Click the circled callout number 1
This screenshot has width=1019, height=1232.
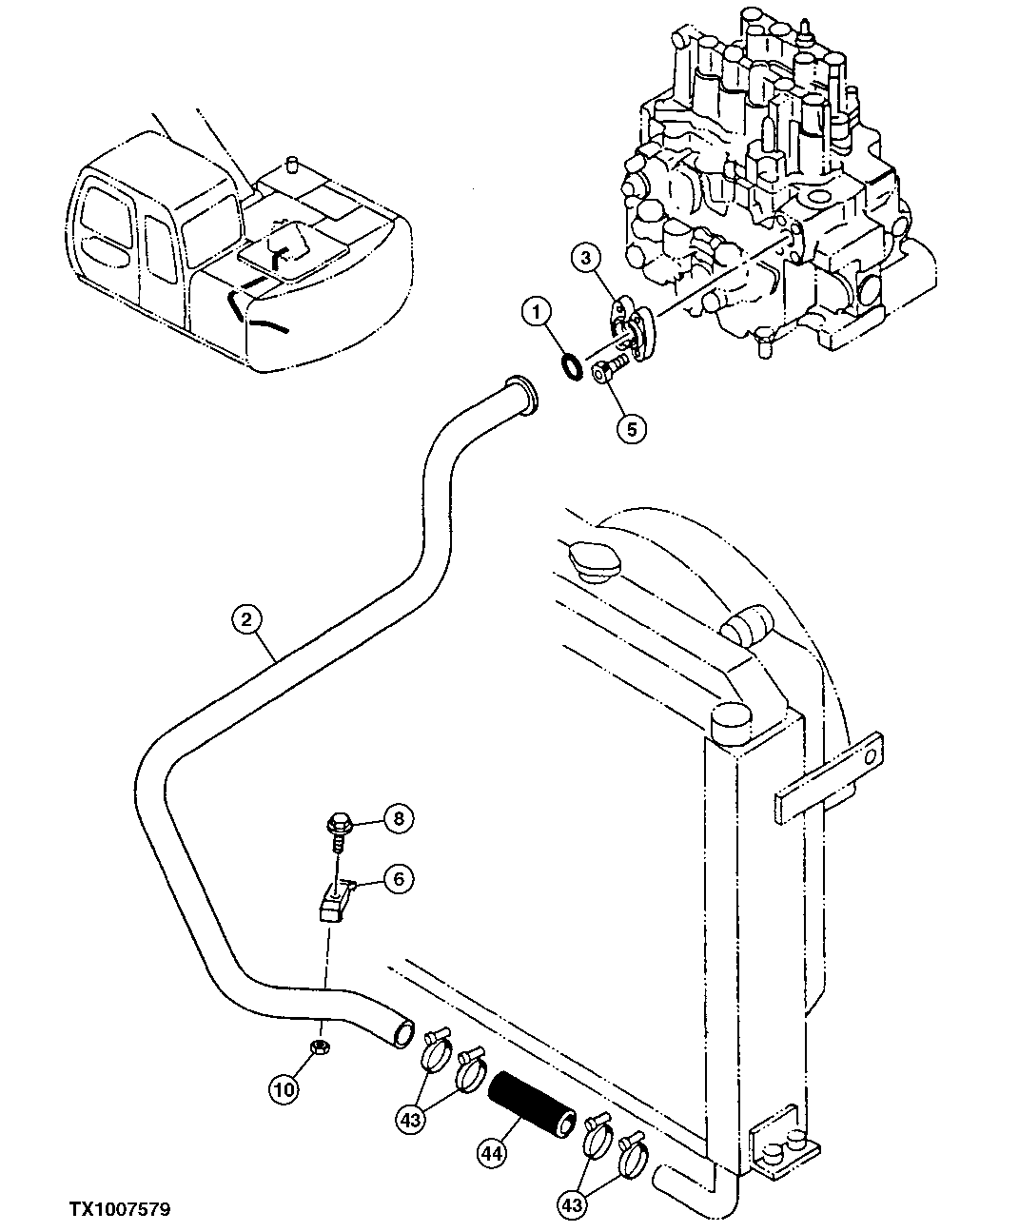pos(537,311)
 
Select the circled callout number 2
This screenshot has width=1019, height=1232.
pos(245,620)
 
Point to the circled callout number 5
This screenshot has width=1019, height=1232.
pos(631,428)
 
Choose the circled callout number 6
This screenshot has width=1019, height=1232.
pos(398,880)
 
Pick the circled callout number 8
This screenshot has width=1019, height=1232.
pos(400,817)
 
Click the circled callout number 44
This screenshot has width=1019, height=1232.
pos(491,1154)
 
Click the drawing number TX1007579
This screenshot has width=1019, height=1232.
pos(119,1210)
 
